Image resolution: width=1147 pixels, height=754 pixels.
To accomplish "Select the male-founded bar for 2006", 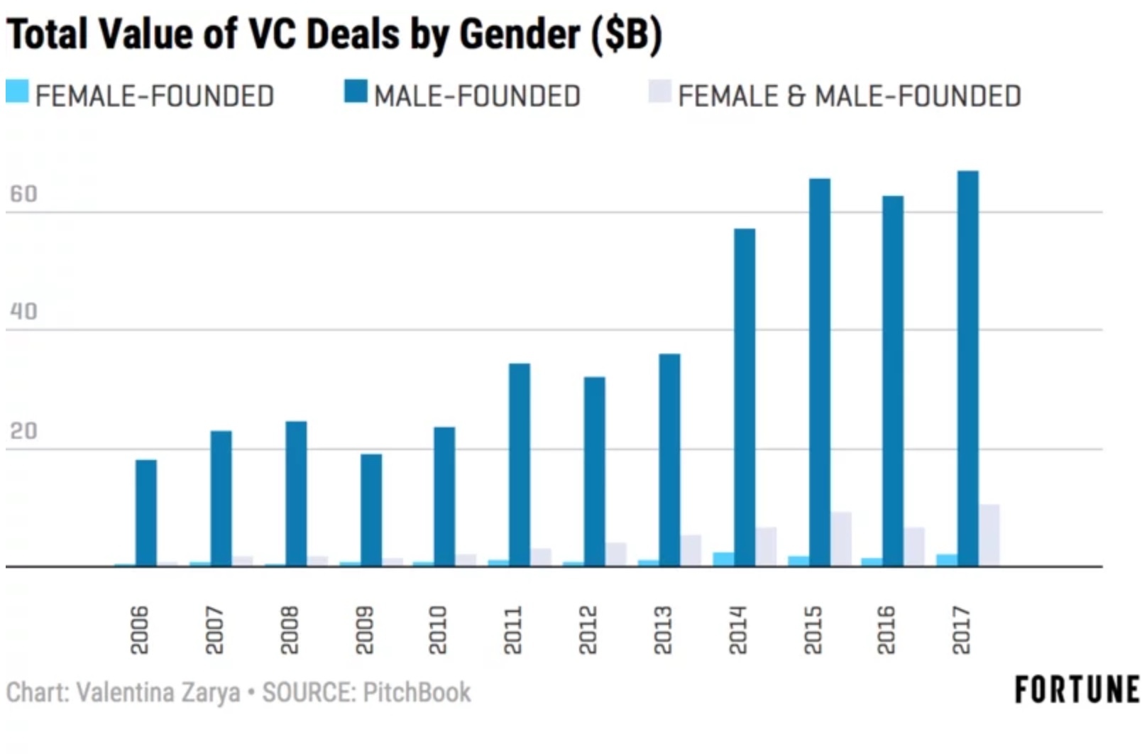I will coord(146,513).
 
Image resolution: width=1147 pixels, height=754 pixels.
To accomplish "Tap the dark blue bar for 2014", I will coord(745,397).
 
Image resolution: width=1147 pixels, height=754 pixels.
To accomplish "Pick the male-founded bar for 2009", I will coord(371,510).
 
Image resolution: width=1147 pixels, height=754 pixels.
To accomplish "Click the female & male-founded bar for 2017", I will coord(989,535).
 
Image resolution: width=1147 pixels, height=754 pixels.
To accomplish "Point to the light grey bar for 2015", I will coord(841,539).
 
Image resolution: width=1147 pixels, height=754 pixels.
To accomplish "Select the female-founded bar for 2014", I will coord(723,559).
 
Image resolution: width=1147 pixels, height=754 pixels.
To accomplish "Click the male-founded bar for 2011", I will coord(520,464).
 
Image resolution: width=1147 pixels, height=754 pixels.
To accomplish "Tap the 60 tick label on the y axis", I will coord(23,194).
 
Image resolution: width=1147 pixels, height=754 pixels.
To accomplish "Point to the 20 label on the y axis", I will coord(23,431).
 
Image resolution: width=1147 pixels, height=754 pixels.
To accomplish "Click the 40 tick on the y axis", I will coord(23,311).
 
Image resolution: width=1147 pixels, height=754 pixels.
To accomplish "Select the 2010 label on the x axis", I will coord(438,630).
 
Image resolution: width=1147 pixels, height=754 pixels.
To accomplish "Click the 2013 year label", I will coord(662,630).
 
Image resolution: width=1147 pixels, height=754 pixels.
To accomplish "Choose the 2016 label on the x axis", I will coord(886,630).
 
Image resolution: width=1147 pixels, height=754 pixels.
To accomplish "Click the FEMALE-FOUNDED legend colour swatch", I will coord(17,92).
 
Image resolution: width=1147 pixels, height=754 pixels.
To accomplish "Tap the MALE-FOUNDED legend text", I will coord(477,96).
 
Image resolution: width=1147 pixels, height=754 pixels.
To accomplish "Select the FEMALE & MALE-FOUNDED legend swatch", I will coord(659,92).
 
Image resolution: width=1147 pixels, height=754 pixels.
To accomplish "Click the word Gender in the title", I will coord(520,33).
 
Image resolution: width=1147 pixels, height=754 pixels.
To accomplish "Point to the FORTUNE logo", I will coord(1077,689).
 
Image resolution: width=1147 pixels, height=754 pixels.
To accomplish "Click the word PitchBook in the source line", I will coord(417,692).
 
